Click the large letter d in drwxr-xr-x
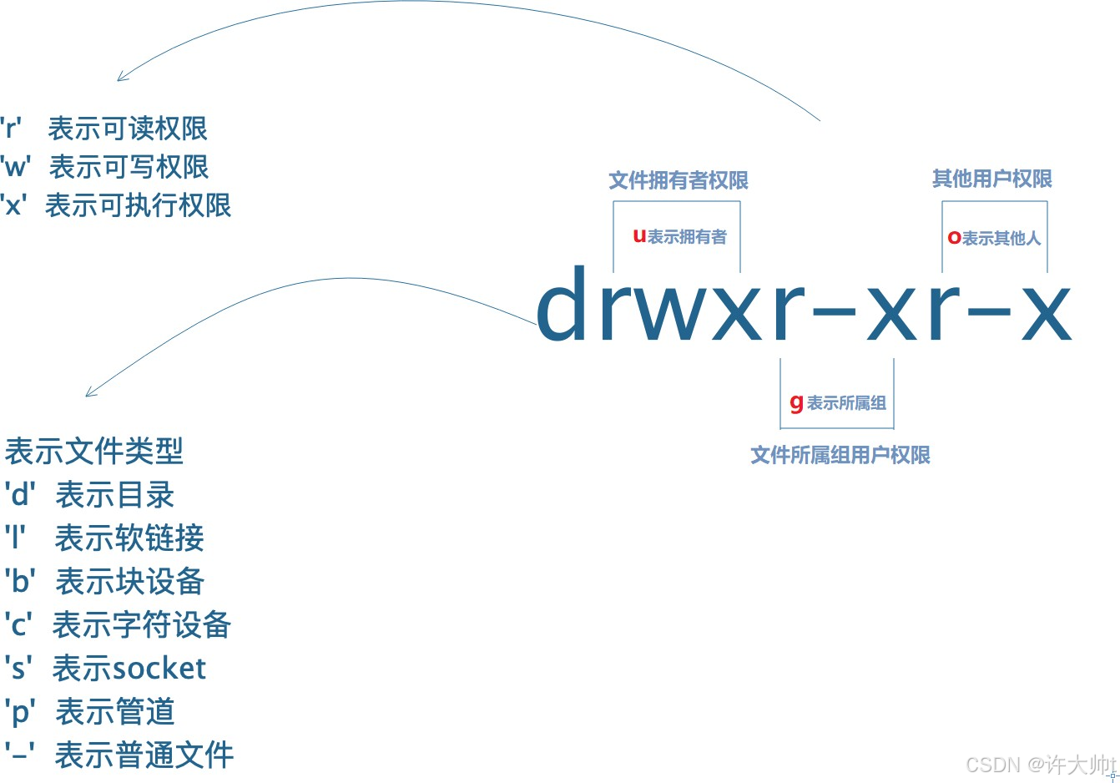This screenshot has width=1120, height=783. (565, 304)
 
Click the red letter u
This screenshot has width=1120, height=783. (639, 236)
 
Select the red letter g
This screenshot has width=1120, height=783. (796, 403)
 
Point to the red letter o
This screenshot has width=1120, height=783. (954, 238)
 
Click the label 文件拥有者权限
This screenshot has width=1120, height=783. (678, 180)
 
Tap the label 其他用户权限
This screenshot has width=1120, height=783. (991, 179)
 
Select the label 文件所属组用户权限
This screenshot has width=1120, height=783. (840, 455)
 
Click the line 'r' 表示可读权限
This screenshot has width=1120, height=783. (104, 129)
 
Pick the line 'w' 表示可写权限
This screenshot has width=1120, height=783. (105, 167)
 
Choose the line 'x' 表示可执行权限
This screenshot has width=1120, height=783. (116, 205)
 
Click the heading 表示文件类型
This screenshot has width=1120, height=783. (93, 452)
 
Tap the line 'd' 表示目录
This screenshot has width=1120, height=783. (89, 495)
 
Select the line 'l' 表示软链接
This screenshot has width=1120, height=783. (104, 538)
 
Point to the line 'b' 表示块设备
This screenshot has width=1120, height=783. (104, 582)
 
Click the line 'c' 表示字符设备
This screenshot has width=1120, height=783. (118, 625)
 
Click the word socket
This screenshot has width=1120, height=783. (158, 669)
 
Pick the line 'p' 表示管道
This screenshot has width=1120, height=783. (89, 712)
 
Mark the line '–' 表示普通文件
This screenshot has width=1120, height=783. (119, 755)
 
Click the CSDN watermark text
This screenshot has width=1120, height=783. (1040, 765)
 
